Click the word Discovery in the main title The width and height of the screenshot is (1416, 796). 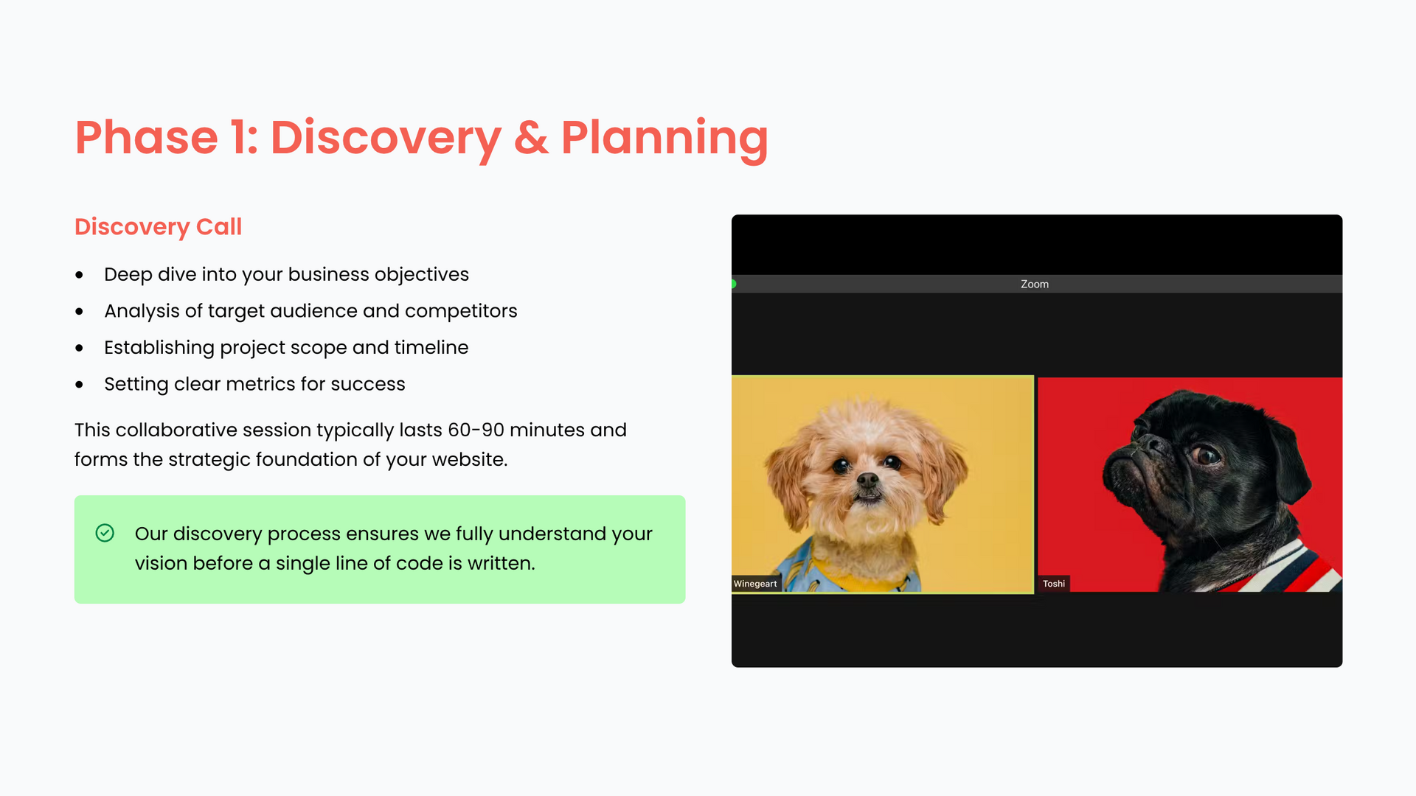386,138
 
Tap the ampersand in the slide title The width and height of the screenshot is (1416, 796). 531,138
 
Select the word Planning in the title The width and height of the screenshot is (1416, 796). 664,138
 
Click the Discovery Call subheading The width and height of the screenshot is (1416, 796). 158,227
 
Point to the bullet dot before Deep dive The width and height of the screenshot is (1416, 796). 79,276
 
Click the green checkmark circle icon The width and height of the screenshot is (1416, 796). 105,533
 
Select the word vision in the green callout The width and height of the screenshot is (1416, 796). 157,563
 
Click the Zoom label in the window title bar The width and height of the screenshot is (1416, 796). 1035,284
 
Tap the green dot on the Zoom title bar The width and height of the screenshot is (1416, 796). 733,284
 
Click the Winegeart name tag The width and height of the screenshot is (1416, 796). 755,584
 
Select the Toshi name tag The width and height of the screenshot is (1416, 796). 1054,584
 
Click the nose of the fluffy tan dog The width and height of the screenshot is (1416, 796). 868,481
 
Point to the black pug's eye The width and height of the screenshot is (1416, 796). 1207,455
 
